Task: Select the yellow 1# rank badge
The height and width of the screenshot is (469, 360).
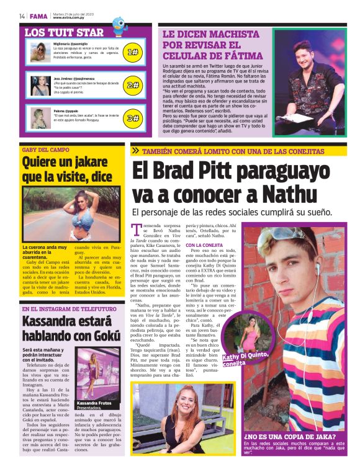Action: pos(132,52)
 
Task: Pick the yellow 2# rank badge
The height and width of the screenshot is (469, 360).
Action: pos(132,85)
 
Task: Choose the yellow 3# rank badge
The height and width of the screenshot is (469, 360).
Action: pos(132,117)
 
